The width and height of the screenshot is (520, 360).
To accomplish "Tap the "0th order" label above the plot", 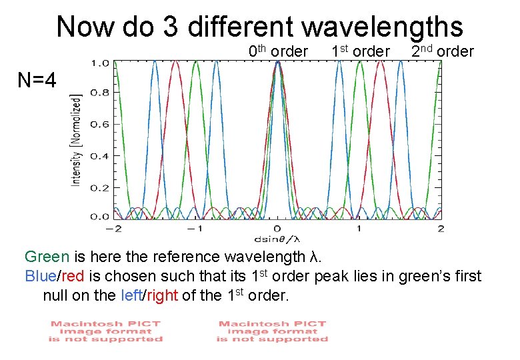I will (x=278, y=51).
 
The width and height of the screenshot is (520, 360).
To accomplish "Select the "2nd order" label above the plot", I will (x=442, y=51).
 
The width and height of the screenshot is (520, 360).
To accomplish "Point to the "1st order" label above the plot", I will (x=360, y=51).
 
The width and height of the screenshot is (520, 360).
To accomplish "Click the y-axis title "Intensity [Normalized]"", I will (x=77, y=139).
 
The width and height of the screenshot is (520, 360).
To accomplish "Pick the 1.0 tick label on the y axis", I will (x=100, y=63).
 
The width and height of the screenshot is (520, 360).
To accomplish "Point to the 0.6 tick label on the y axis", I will (x=100, y=125).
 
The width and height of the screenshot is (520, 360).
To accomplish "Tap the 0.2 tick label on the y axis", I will (x=100, y=187).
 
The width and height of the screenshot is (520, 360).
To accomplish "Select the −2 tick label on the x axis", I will (x=114, y=229).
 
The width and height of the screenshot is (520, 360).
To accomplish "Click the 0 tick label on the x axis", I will (x=278, y=229).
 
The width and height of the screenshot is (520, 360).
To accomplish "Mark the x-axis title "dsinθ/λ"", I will (x=278, y=238).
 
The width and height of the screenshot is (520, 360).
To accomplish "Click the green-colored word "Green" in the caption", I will (x=47, y=257).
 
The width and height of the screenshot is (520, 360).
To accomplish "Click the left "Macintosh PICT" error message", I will (x=105, y=331).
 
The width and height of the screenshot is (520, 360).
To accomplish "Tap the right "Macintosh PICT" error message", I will (x=272, y=331).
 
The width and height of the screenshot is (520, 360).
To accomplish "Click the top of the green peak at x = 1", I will (x=359, y=62).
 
